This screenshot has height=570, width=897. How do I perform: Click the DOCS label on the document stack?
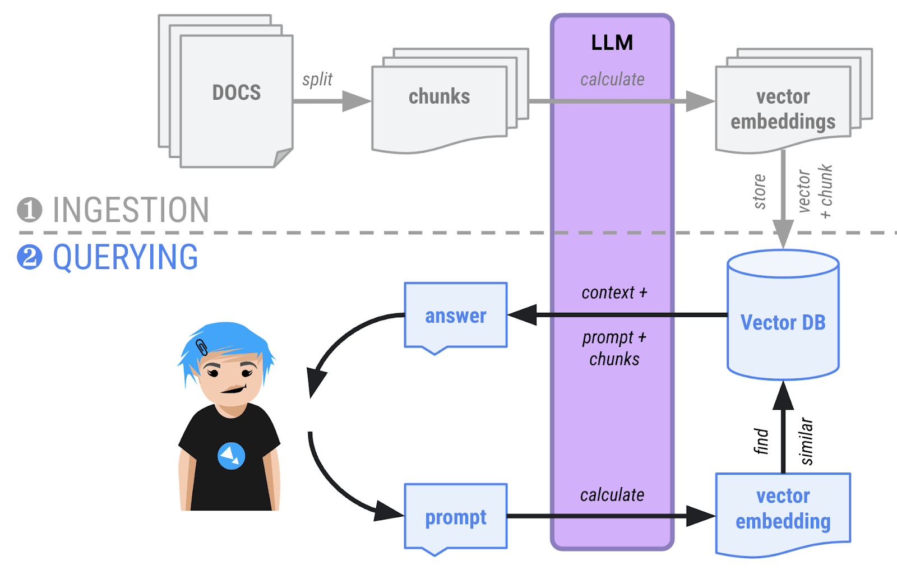coord(236,92)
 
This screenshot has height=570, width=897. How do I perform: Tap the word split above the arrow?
coord(317,80)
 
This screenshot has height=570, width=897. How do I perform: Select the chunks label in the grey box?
coord(439,96)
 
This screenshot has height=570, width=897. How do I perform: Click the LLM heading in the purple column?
coord(612,43)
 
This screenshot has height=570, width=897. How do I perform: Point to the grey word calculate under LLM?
coord(612,80)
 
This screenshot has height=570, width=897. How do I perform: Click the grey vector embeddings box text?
coord(783,109)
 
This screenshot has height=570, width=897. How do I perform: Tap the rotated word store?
coord(760,192)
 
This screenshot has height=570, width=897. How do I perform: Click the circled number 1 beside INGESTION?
coord(29,210)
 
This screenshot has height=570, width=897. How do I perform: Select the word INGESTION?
coord(131,210)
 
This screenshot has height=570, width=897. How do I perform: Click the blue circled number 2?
coord(29,257)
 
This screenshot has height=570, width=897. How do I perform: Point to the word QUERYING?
coord(125,257)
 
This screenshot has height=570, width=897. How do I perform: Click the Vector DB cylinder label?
coord(783,323)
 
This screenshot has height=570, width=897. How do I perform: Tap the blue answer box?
coord(455,316)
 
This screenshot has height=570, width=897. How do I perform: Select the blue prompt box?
coord(455,517)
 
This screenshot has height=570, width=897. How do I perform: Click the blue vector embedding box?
coord(783,509)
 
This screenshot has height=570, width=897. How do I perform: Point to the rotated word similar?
coord(806,441)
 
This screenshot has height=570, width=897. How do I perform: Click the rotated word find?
coord(761,441)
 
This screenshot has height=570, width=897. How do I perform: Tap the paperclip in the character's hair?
coord(202,347)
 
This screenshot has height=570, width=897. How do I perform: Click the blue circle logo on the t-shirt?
coord(231,456)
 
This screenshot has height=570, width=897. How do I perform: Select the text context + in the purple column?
coord(614,293)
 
